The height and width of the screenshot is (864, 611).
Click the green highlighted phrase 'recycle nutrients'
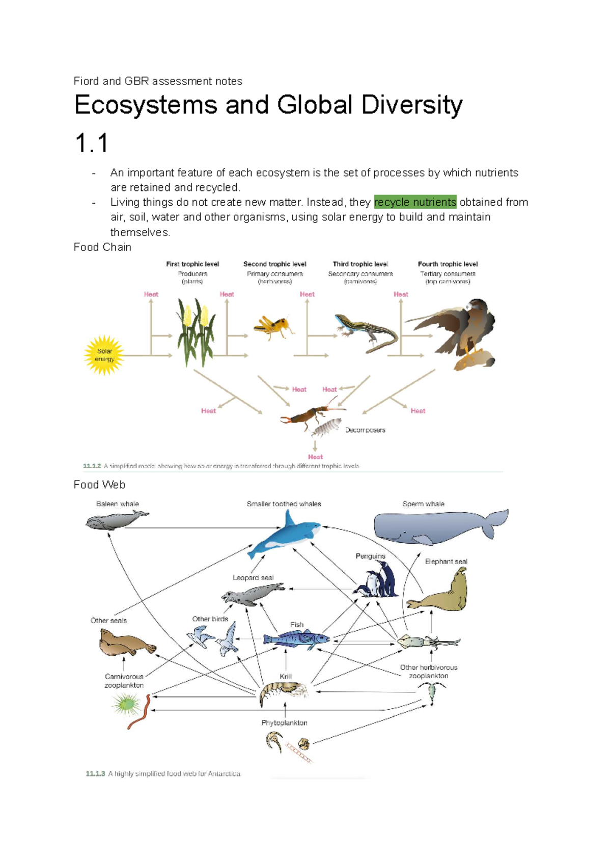[x=415, y=202]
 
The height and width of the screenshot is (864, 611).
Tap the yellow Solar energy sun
[x=104, y=355]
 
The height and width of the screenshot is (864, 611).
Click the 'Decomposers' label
[x=365, y=430]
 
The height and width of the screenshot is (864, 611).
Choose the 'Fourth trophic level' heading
[x=448, y=264]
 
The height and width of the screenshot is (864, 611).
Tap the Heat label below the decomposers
[x=315, y=457]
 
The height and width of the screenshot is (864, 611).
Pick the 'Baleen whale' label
[x=117, y=504]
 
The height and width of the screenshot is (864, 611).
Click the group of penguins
[x=378, y=580]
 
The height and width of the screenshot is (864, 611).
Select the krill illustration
[x=283, y=692]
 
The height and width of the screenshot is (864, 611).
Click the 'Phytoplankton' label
[x=284, y=722]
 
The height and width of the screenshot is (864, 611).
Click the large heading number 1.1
[x=92, y=143]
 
